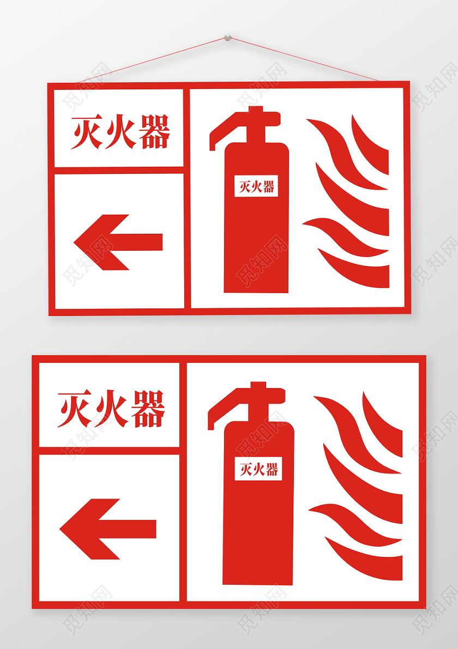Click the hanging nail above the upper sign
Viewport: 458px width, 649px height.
point(227,39)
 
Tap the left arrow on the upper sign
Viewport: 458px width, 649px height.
point(117,242)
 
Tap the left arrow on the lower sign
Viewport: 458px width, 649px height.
point(107,529)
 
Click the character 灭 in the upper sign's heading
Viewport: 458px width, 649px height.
point(87,132)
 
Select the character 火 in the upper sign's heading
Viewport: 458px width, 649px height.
point(120,132)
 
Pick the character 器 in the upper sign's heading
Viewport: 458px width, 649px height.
point(154,132)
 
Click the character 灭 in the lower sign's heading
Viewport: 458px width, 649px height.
point(75,409)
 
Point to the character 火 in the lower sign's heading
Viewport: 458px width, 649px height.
point(111,409)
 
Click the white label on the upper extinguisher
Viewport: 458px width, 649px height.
point(256,186)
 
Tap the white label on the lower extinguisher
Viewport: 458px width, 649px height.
point(258,469)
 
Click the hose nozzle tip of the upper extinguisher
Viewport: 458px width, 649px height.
point(213,145)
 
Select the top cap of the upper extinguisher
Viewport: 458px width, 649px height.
point(255,110)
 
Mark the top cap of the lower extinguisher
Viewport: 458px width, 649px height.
point(258,385)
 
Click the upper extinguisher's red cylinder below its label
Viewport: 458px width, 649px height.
point(256,245)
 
